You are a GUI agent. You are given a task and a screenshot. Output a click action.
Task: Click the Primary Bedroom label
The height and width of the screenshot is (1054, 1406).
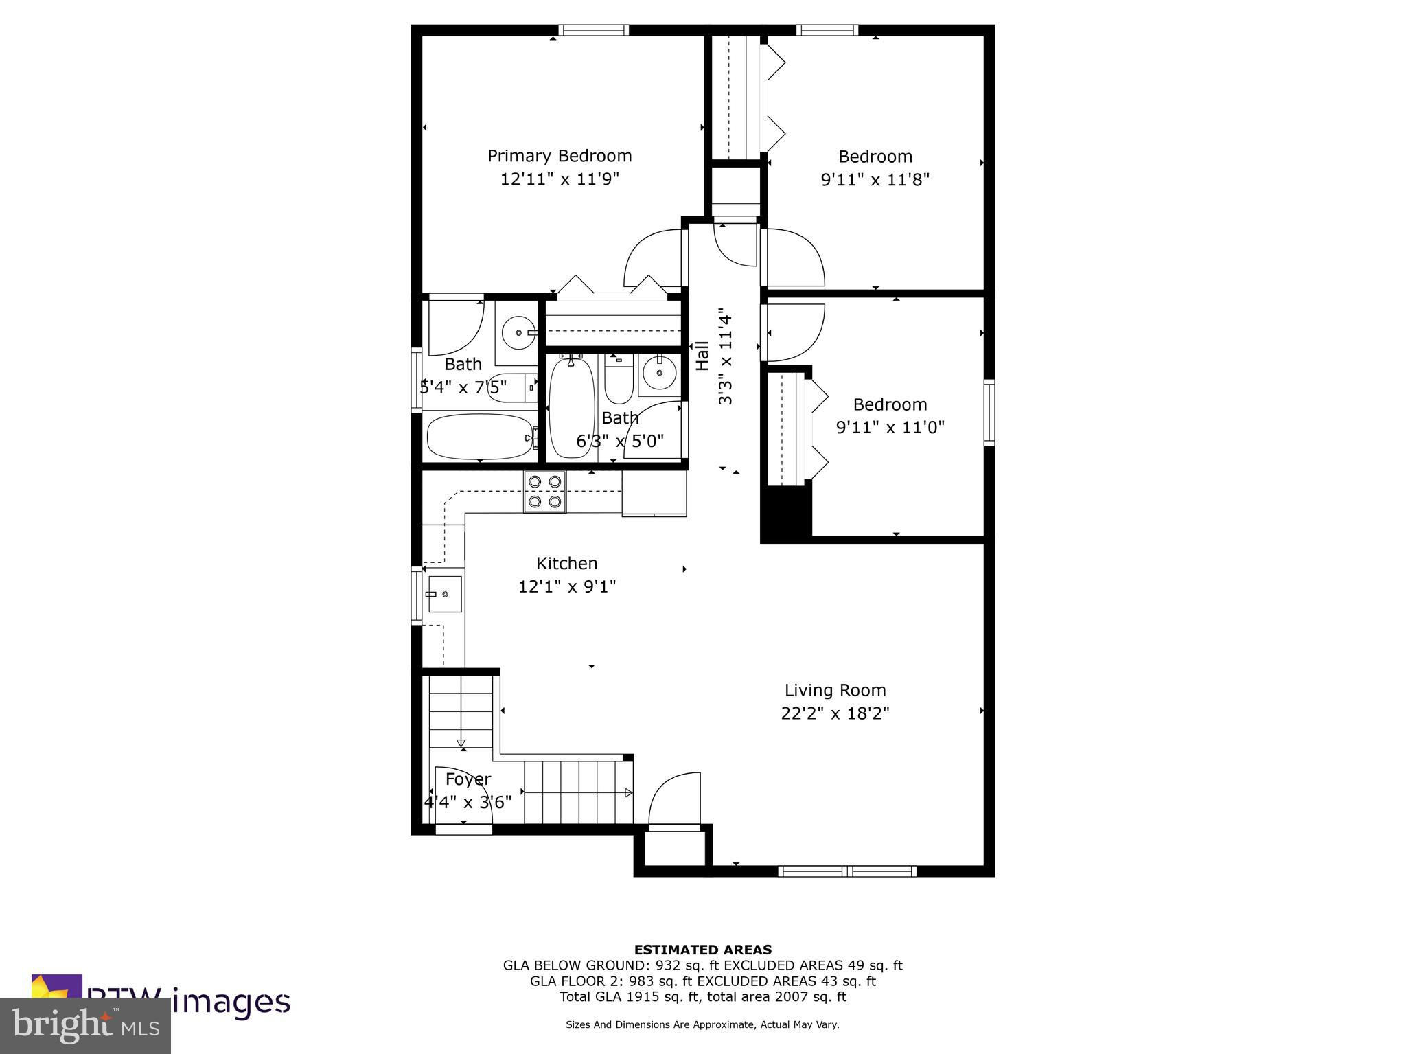(560, 156)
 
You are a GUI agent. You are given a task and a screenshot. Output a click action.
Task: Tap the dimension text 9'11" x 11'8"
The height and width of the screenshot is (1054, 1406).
(875, 180)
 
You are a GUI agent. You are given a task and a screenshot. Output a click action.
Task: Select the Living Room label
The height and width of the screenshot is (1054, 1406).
(835, 690)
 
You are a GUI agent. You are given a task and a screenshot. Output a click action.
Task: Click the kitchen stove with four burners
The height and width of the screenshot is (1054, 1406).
(545, 492)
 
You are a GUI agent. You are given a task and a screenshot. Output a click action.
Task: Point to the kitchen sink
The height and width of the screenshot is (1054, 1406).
(444, 594)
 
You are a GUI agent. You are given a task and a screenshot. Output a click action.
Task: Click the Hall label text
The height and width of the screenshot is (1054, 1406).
(702, 356)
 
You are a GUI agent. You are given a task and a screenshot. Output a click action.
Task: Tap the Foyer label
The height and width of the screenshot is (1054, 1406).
(468, 779)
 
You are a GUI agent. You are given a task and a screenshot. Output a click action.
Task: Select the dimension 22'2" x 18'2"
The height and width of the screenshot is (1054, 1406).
(835, 713)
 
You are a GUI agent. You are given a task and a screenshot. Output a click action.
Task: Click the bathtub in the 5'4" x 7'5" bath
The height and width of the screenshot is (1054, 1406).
(480, 437)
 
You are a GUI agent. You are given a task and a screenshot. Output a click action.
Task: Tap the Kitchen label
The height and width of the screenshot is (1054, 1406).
(566, 563)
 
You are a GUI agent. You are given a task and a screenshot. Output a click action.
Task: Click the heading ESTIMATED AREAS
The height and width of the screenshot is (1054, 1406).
(702, 950)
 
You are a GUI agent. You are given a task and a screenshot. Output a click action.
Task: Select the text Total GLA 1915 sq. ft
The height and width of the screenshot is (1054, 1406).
(630, 996)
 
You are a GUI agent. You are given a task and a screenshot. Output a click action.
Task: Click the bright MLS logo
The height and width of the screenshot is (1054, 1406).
(85, 1026)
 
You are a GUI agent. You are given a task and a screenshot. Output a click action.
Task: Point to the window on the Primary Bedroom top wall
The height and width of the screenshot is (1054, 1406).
(593, 30)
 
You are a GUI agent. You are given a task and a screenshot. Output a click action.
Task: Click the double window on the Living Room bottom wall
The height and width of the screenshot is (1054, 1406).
(847, 871)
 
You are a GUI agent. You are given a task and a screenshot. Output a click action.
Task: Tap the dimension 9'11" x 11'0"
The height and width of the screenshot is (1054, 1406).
(890, 428)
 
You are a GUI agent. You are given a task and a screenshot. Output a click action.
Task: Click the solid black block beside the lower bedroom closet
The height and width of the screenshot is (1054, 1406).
(786, 512)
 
